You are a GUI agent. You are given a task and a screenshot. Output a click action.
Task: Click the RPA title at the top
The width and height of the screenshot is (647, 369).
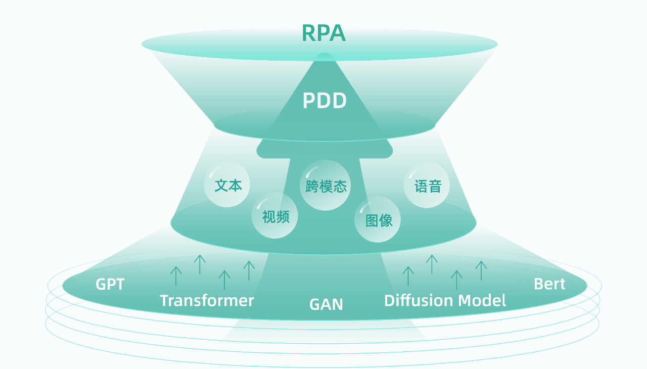(x=323, y=33)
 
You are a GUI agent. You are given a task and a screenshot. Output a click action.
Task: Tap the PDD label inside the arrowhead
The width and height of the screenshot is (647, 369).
(x=325, y=101)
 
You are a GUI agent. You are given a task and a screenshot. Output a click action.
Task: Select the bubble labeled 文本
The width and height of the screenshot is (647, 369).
(x=227, y=184)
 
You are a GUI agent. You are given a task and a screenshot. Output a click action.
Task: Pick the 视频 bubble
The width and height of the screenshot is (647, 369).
(x=274, y=215)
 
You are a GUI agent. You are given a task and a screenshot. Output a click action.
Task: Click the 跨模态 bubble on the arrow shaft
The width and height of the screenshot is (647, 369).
(x=325, y=185)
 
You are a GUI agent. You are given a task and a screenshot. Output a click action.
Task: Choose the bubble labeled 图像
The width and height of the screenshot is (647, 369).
(x=378, y=219)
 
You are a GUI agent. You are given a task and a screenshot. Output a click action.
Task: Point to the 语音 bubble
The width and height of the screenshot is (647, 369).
(x=427, y=185)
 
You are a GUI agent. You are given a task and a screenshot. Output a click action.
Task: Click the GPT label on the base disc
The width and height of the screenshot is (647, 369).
(x=110, y=284)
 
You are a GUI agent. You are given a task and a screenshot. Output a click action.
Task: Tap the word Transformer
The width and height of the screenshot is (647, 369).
(x=207, y=301)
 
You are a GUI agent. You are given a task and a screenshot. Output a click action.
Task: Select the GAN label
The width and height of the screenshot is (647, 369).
(x=326, y=304)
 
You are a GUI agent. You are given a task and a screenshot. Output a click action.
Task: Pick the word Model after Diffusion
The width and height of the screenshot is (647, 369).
(x=482, y=300)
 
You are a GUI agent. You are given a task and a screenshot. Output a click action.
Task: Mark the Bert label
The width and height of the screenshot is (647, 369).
(x=549, y=284)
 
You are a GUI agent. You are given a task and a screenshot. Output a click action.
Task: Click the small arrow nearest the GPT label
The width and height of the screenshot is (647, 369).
(x=176, y=276)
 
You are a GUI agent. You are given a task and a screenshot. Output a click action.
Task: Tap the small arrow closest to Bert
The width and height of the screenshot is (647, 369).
(x=481, y=270)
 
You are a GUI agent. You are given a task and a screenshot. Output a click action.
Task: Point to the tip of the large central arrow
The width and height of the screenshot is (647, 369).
(x=325, y=54)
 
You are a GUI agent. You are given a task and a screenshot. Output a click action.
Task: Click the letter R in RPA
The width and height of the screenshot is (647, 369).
(x=308, y=33)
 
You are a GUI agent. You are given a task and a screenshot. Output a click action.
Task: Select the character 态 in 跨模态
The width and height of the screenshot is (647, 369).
(x=340, y=186)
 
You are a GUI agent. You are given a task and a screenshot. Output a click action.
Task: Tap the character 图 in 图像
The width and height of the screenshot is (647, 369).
(x=372, y=221)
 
